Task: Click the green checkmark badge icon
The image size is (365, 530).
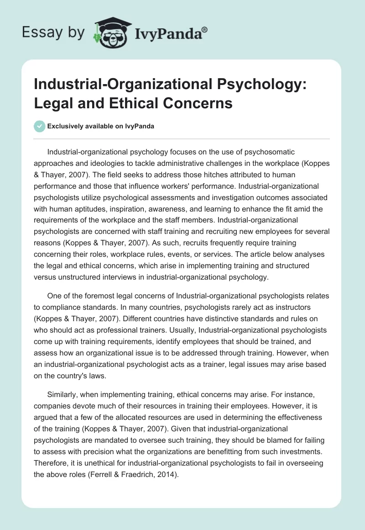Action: click(x=39, y=126)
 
